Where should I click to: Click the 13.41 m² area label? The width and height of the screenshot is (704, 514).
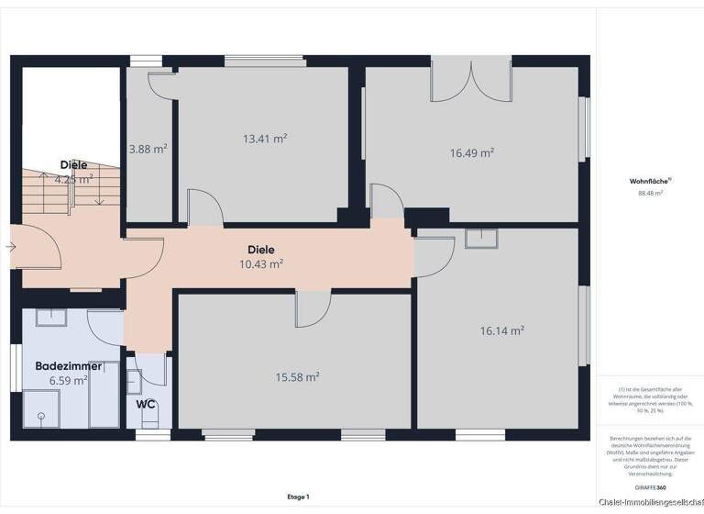click(x=265, y=139)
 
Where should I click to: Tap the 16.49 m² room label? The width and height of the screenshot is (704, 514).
click(x=472, y=153)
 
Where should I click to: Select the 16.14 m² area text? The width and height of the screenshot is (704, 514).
click(x=502, y=330)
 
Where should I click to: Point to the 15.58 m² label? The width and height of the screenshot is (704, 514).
click(x=297, y=376)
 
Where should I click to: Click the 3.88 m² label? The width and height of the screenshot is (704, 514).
click(x=148, y=149)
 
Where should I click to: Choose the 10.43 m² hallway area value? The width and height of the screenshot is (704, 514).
click(x=260, y=263)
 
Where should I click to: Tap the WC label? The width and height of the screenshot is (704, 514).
click(x=145, y=403)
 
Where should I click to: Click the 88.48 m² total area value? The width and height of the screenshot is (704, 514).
click(x=650, y=194)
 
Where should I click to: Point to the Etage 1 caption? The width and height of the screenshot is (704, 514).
click(x=297, y=497)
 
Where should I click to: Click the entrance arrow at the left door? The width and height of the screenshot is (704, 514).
click(x=10, y=246)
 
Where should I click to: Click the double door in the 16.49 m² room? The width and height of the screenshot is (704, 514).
click(x=471, y=81)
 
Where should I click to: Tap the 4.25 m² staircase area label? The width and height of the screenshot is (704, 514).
click(x=73, y=179)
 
